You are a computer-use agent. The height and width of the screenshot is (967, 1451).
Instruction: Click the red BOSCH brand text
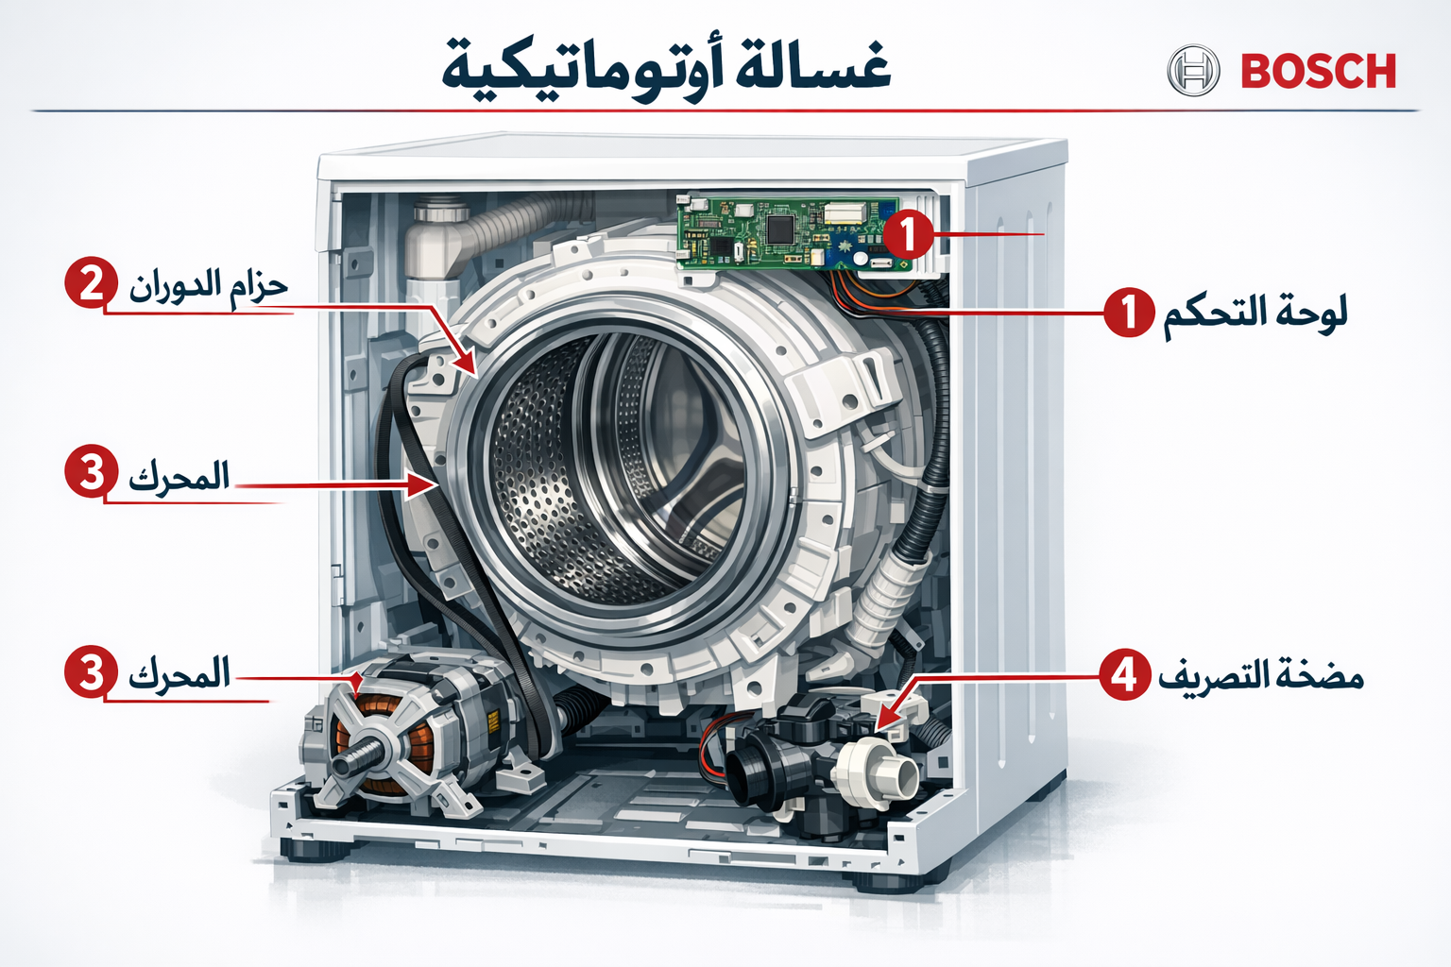(1318, 72)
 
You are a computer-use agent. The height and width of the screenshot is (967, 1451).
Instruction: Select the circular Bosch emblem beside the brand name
(1193, 71)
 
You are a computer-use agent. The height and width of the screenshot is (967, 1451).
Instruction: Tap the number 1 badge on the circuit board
(908, 233)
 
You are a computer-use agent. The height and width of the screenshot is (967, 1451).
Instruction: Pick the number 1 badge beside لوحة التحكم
(1129, 313)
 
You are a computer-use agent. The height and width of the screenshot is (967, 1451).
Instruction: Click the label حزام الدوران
(208, 284)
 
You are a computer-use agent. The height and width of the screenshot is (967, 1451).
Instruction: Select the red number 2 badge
(91, 282)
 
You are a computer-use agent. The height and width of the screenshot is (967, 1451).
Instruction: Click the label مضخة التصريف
(1261, 676)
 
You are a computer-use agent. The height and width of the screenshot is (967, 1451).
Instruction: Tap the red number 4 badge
(1124, 675)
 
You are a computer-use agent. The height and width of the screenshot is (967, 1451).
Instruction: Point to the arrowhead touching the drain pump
(890, 717)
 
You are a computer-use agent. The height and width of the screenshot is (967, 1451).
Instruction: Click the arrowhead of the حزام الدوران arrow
(466, 364)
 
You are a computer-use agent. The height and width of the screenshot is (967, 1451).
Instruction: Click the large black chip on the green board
(780, 228)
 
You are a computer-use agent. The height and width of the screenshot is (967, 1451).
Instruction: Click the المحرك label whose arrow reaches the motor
(179, 675)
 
